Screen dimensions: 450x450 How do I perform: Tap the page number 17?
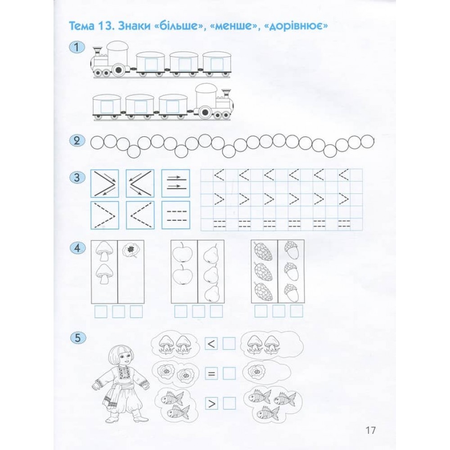click(370, 430)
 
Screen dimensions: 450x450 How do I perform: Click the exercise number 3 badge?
click(77, 177)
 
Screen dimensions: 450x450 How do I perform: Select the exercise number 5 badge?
click(78, 337)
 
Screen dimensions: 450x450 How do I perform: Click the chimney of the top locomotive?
click(98, 51)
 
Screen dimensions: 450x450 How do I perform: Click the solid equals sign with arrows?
click(175, 183)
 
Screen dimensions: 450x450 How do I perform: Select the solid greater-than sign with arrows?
click(104, 184)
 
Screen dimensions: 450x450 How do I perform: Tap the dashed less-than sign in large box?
click(140, 215)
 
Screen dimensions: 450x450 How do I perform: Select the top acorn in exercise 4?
click(291, 250)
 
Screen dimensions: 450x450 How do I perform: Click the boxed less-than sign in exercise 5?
click(211, 343)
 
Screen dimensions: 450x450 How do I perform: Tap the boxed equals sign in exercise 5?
click(211, 373)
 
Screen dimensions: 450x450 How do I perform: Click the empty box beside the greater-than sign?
click(229, 403)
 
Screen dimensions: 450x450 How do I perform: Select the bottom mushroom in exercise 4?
click(104, 274)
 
